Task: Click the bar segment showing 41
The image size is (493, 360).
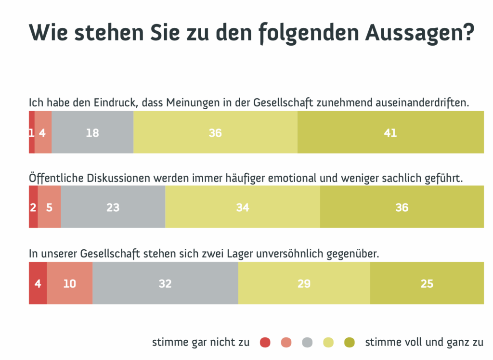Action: click(390, 132)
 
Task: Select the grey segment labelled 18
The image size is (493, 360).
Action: click(92, 132)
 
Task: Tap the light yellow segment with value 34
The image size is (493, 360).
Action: click(243, 207)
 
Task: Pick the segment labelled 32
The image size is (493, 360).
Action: click(165, 283)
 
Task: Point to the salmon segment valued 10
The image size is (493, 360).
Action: click(69, 283)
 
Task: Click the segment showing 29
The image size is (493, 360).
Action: click(304, 283)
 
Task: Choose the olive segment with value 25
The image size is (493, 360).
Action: click(427, 283)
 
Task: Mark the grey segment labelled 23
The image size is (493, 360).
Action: click(113, 207)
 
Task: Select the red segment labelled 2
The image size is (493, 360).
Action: click(33, 207)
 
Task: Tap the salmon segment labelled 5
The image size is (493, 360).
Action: click(49, 207)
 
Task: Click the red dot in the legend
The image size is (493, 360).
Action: click(265, 343)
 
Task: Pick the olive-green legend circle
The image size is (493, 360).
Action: click(350, 343)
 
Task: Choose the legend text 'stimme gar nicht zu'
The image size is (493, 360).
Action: click(201, 343)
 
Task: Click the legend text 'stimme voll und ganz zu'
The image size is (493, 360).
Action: click(424, 343)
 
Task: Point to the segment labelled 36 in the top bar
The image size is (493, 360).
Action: click(215, 132)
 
